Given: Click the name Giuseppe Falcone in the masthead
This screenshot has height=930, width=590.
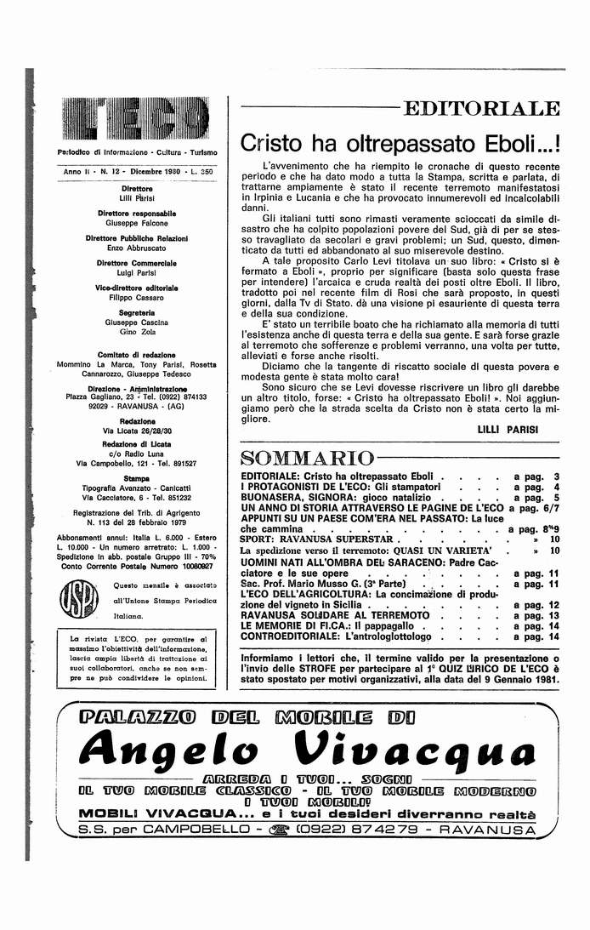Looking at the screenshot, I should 136,221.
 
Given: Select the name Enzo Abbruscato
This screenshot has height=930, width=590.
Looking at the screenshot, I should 136,248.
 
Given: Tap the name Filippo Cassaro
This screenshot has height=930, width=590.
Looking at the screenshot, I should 136,298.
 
